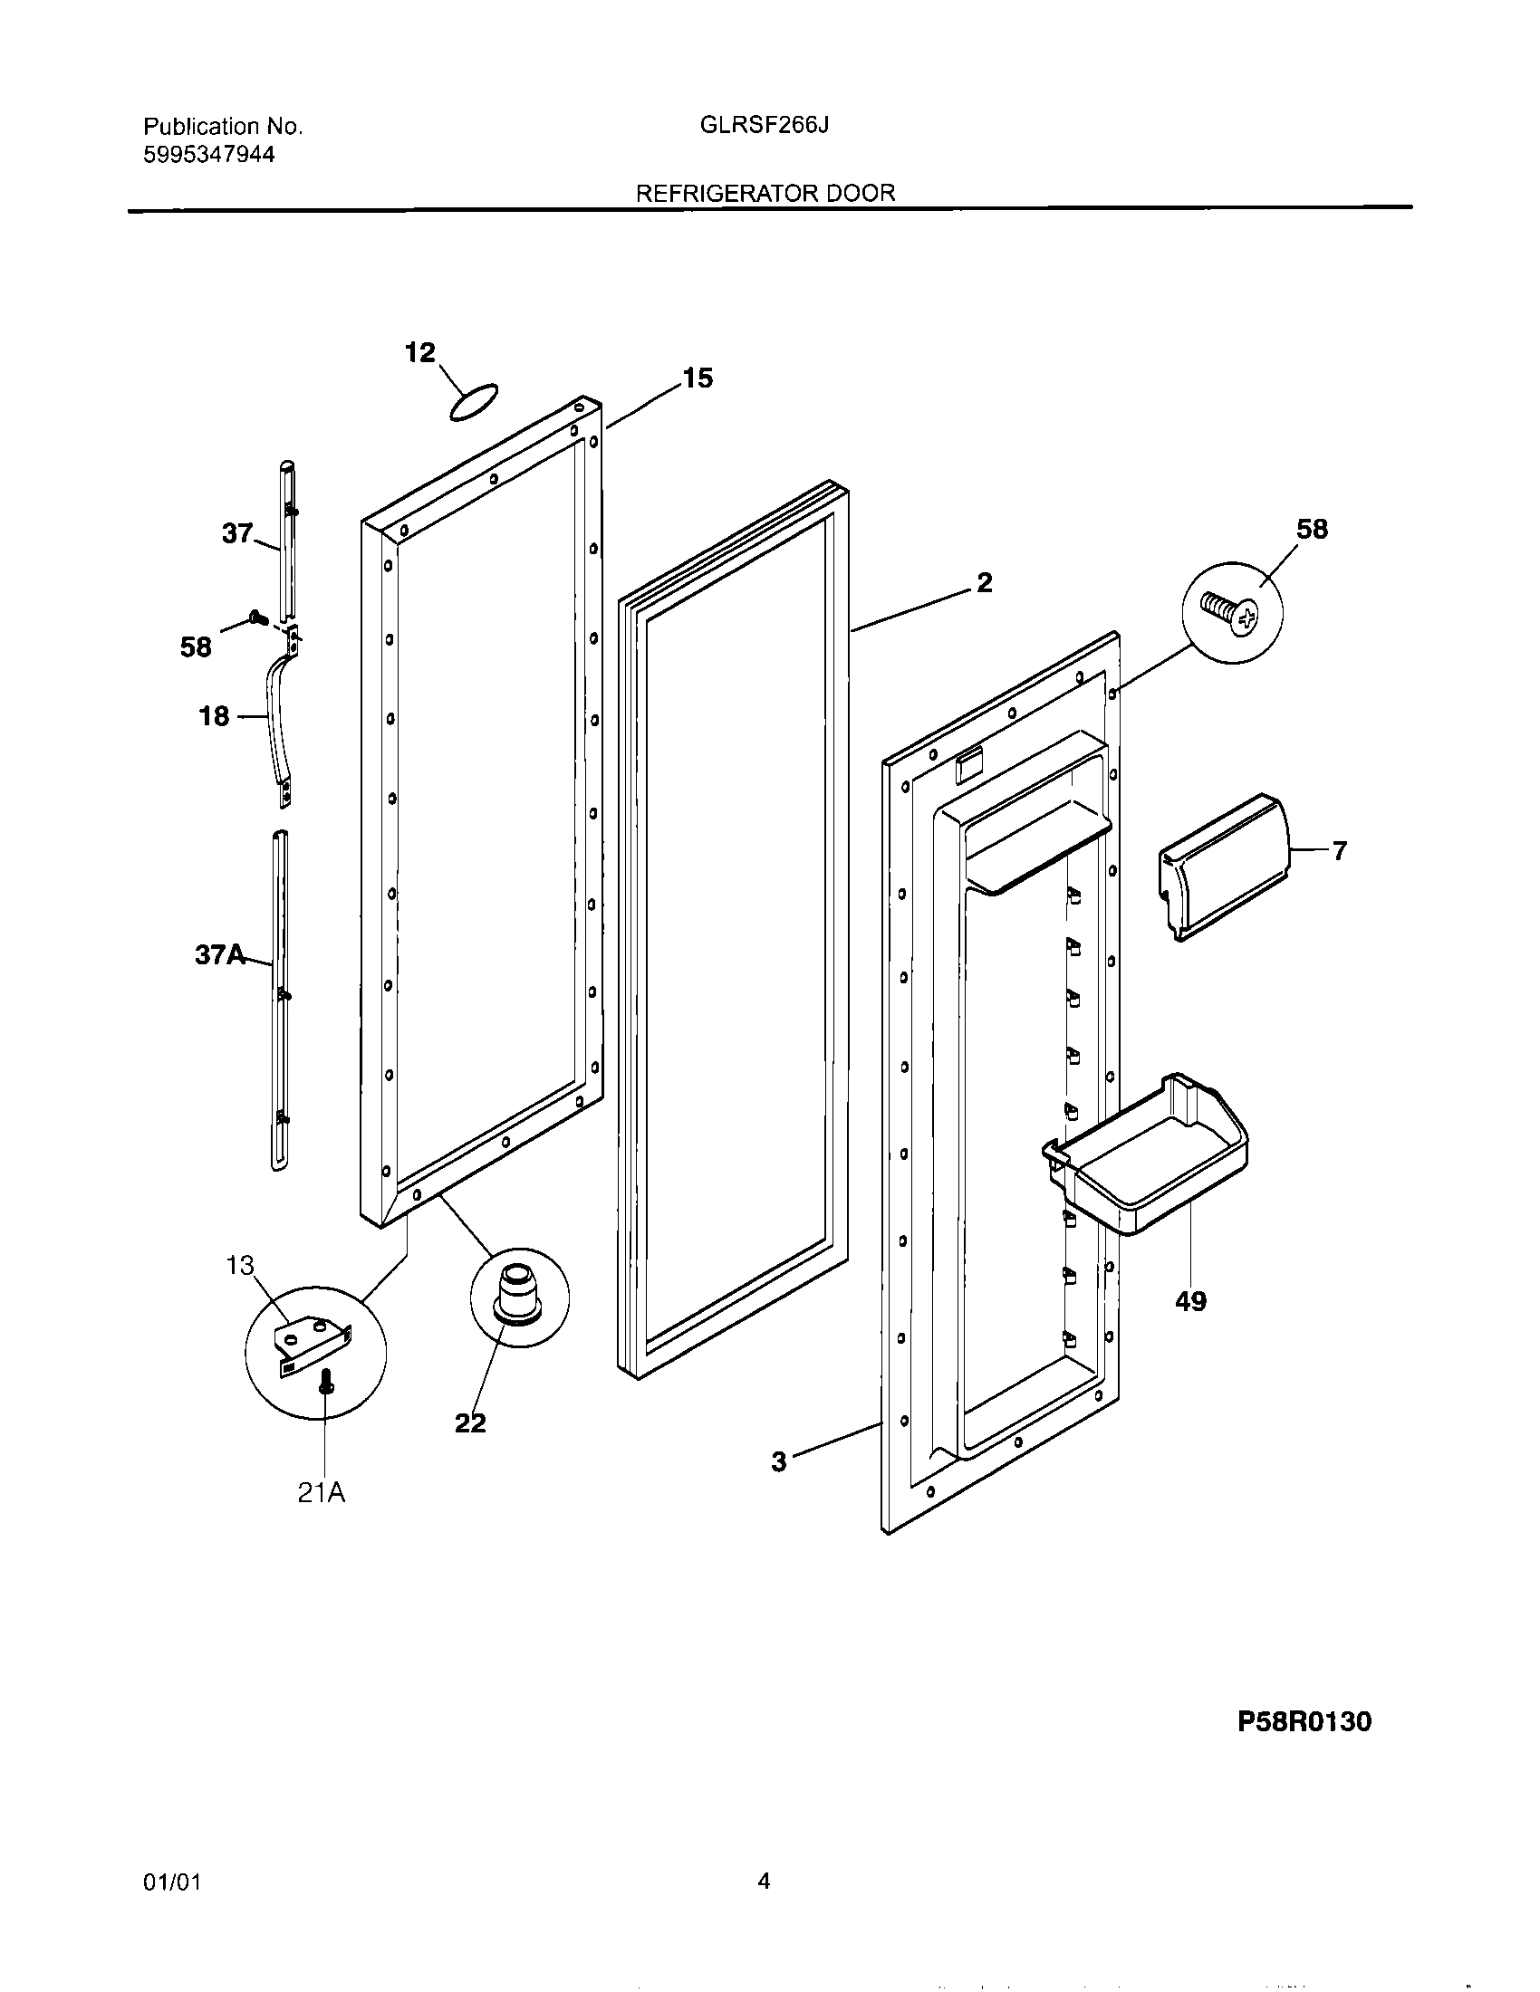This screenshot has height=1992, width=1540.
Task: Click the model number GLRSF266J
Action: click(x=764, y=125)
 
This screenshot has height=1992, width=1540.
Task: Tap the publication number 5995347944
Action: click(x=208, y=155)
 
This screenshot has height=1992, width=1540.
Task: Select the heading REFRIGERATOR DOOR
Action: click(x=765, y=194)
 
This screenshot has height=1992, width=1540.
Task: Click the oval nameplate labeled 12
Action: click(x=475, y=402)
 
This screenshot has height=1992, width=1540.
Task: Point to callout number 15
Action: click(x=697, y=378)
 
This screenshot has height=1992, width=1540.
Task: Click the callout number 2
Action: click(x=984, y=583)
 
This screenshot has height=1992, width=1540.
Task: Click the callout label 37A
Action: click(x=220, y=955)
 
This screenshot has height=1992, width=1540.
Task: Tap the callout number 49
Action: click(x=1190, y=1300)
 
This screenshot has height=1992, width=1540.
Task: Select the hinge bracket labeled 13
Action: click(x=311, y=1345)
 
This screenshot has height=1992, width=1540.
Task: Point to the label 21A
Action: click(x=322, y=1493)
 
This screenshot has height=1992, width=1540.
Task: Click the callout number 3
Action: click(x=778, y=1463)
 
